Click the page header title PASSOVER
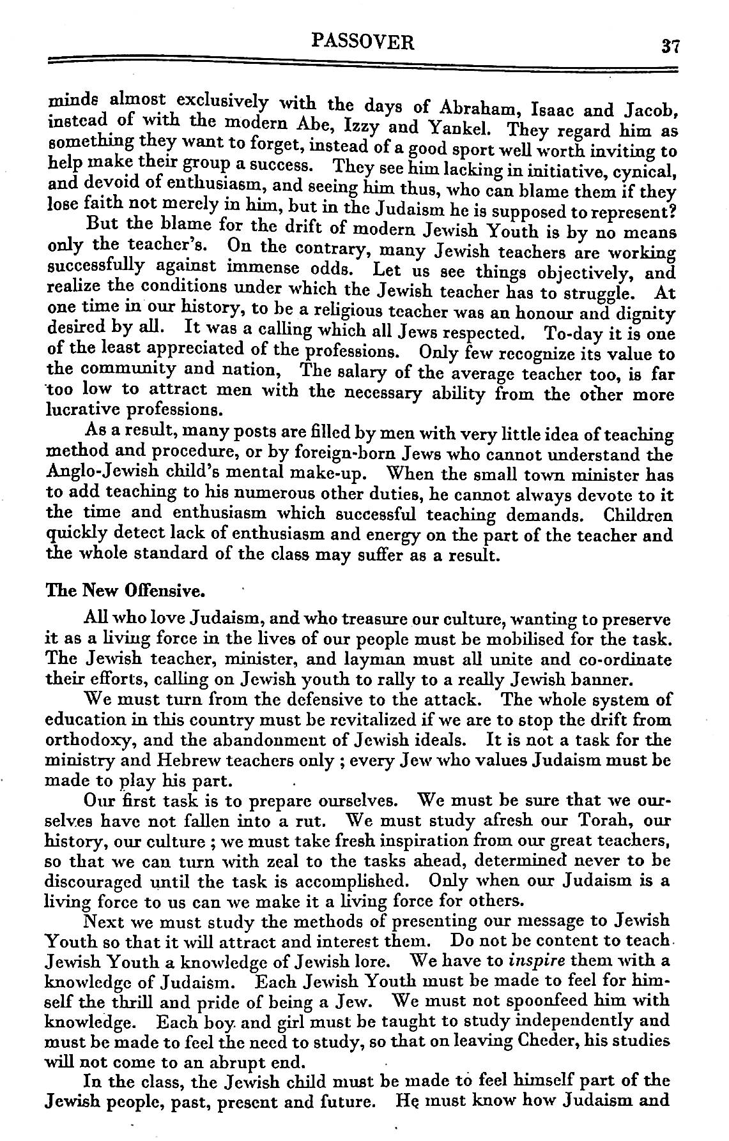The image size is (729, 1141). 363,42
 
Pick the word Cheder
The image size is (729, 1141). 560,1039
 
